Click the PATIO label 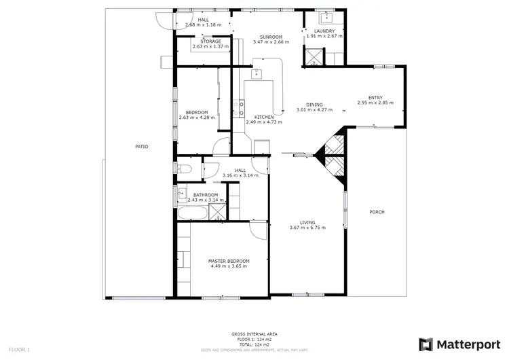point(141,146)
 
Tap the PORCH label point(377,212)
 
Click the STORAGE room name point(206,41)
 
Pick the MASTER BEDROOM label point(229,261)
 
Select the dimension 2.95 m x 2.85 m point(375,103)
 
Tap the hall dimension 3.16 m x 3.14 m point(240,175)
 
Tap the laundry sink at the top point(324,16)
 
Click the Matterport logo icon point(426,344)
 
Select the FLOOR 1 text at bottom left point(20,350)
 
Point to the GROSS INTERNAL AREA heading point(254,334)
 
